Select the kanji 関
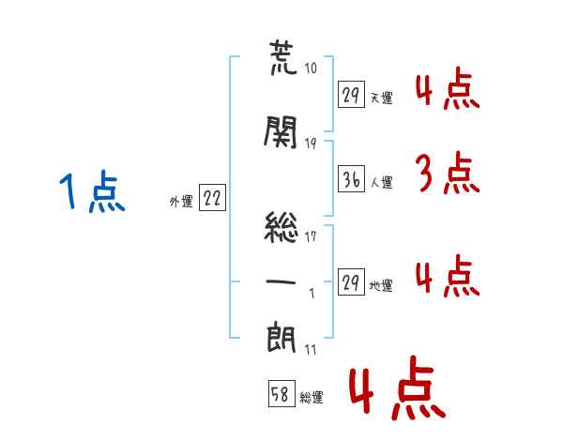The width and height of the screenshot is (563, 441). point(281,134)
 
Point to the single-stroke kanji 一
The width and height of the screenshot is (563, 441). point(281,281)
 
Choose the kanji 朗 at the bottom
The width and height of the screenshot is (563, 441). point(281,338)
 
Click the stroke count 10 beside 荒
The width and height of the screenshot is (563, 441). point(311,69)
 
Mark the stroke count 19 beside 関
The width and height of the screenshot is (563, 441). point(311,143)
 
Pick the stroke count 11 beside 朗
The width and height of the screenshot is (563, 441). point(310,350)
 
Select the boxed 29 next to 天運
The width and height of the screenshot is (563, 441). point(350,95)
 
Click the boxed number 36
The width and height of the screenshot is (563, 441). point(350,178)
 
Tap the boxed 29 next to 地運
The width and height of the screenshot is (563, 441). point(350,283)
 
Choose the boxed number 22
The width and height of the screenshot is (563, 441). point(212,197)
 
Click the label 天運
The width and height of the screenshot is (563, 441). point(380,98)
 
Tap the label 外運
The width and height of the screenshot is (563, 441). point(180,200)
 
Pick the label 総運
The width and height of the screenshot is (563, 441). point(311,398)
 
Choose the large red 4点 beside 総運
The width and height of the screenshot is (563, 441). point(394,391)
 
